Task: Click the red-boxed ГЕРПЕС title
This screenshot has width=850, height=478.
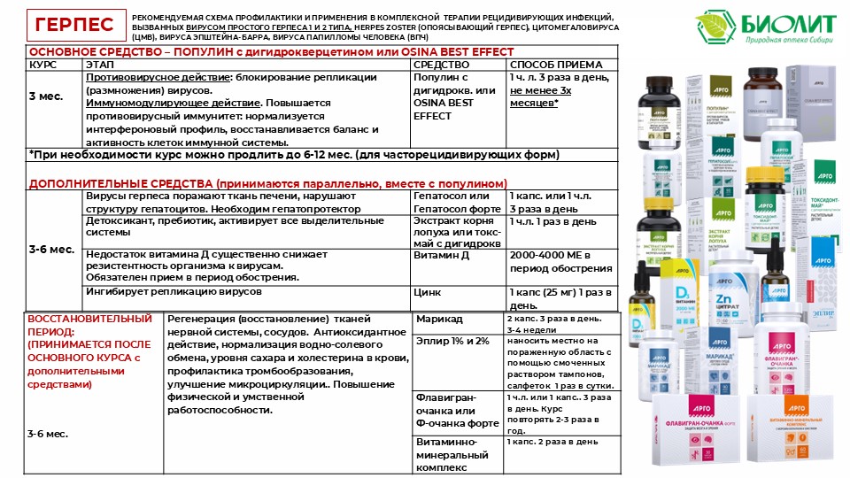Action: pos(74,25)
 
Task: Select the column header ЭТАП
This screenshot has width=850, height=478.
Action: pos(99,65)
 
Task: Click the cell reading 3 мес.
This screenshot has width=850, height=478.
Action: pos(46,96)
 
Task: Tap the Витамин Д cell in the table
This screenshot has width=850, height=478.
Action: pos(442,255)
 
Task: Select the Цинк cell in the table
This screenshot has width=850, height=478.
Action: pos(429,292)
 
